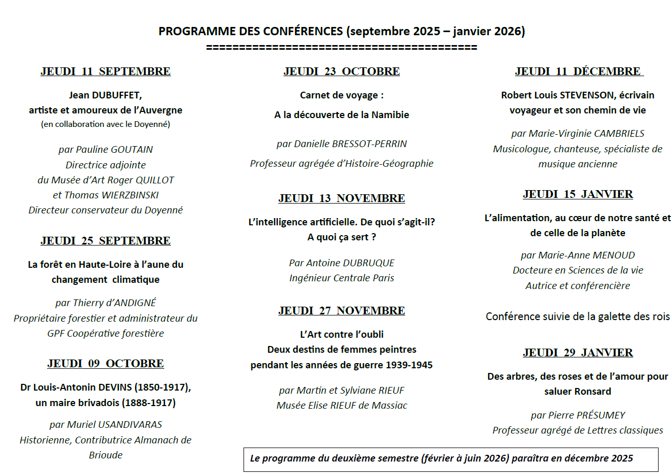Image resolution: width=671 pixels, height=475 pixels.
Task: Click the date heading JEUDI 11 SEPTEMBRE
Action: click(x=105, y=71)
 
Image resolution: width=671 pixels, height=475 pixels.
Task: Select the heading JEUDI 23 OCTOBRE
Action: click(x=341, y=71)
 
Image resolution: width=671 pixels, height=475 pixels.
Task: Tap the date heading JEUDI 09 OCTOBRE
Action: click(x=105, y=364)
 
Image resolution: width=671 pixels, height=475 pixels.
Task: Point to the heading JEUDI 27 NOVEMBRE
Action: click(x=341, y=311)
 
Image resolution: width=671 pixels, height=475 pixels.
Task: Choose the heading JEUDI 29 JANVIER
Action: click(x=578, y=353)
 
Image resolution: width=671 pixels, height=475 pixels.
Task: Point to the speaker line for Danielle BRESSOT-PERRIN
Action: click(x=341, y=143)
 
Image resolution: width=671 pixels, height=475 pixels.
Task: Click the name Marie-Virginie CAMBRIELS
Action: click(x=586, y=134)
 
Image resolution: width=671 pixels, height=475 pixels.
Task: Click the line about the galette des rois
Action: click(x=578, y=316)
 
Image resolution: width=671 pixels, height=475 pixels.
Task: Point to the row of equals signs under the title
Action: click(x=341, y=48)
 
